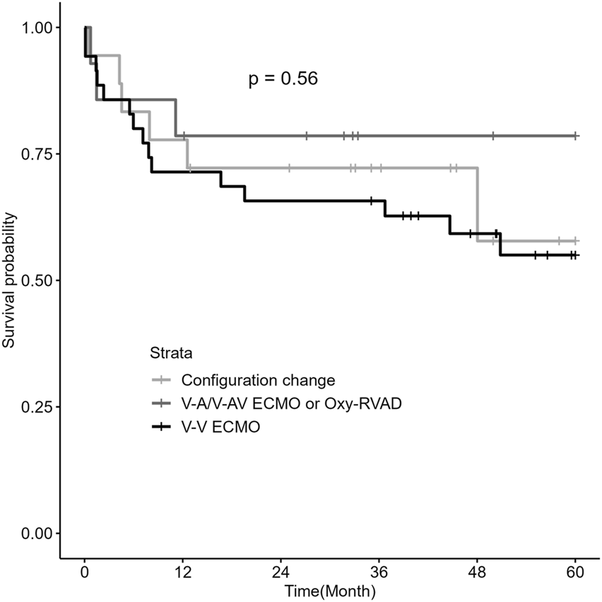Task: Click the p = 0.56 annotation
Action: click(283, 79)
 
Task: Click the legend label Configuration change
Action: click(258, 380)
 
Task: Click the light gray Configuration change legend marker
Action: click(163, 380)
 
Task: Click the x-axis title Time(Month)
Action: click(330, 589)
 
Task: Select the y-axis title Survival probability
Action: click(9, 281)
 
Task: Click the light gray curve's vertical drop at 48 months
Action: click(478, 205)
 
